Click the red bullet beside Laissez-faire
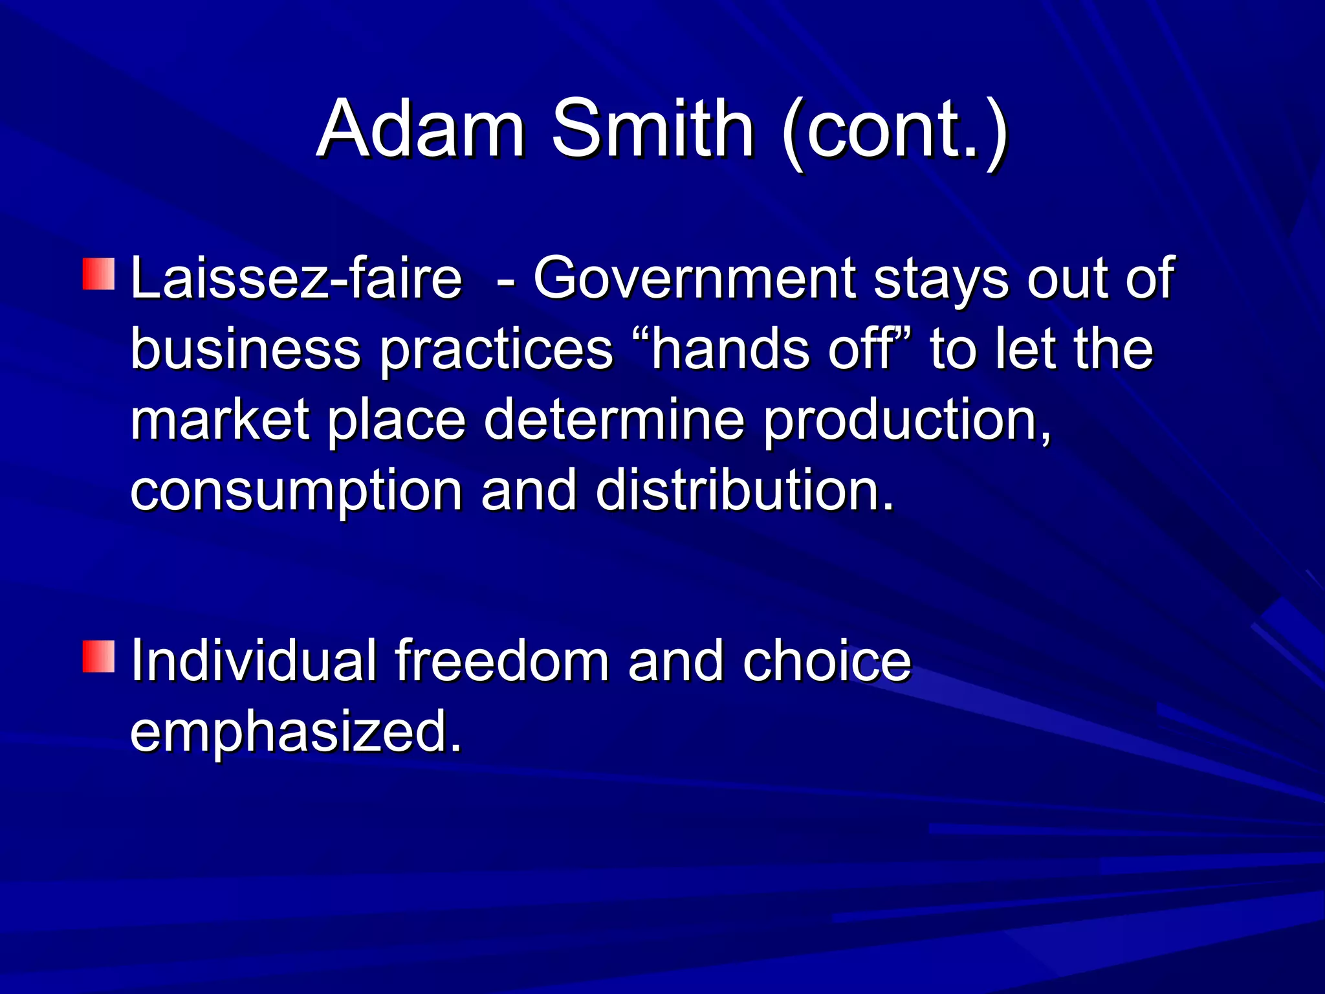coord(98,274)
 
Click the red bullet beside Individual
coord(98,656)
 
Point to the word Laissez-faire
coord(296,278)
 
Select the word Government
coord(694,278)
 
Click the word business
coord(245,349)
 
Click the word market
coord(219,421)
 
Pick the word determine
coord(614,421)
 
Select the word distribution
coord(744,490)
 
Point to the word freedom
coord(502,661)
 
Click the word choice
coord(827,661)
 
